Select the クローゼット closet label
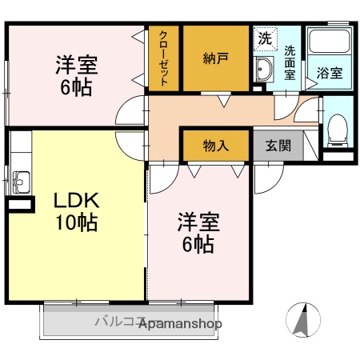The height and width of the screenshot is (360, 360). [x=163, y=58]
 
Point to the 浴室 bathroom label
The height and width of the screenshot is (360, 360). [x=329, y=73]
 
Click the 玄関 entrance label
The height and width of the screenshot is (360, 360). [x=278, y=146]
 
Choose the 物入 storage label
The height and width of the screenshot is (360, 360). [x=215, y=146]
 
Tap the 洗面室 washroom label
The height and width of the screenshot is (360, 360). [x=290, y=62]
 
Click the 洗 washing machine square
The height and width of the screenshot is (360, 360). [x=265, y=37]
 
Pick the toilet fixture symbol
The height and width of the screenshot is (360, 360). [x=338, y=130]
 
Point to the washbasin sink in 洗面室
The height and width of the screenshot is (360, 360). [x=265, y=70]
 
